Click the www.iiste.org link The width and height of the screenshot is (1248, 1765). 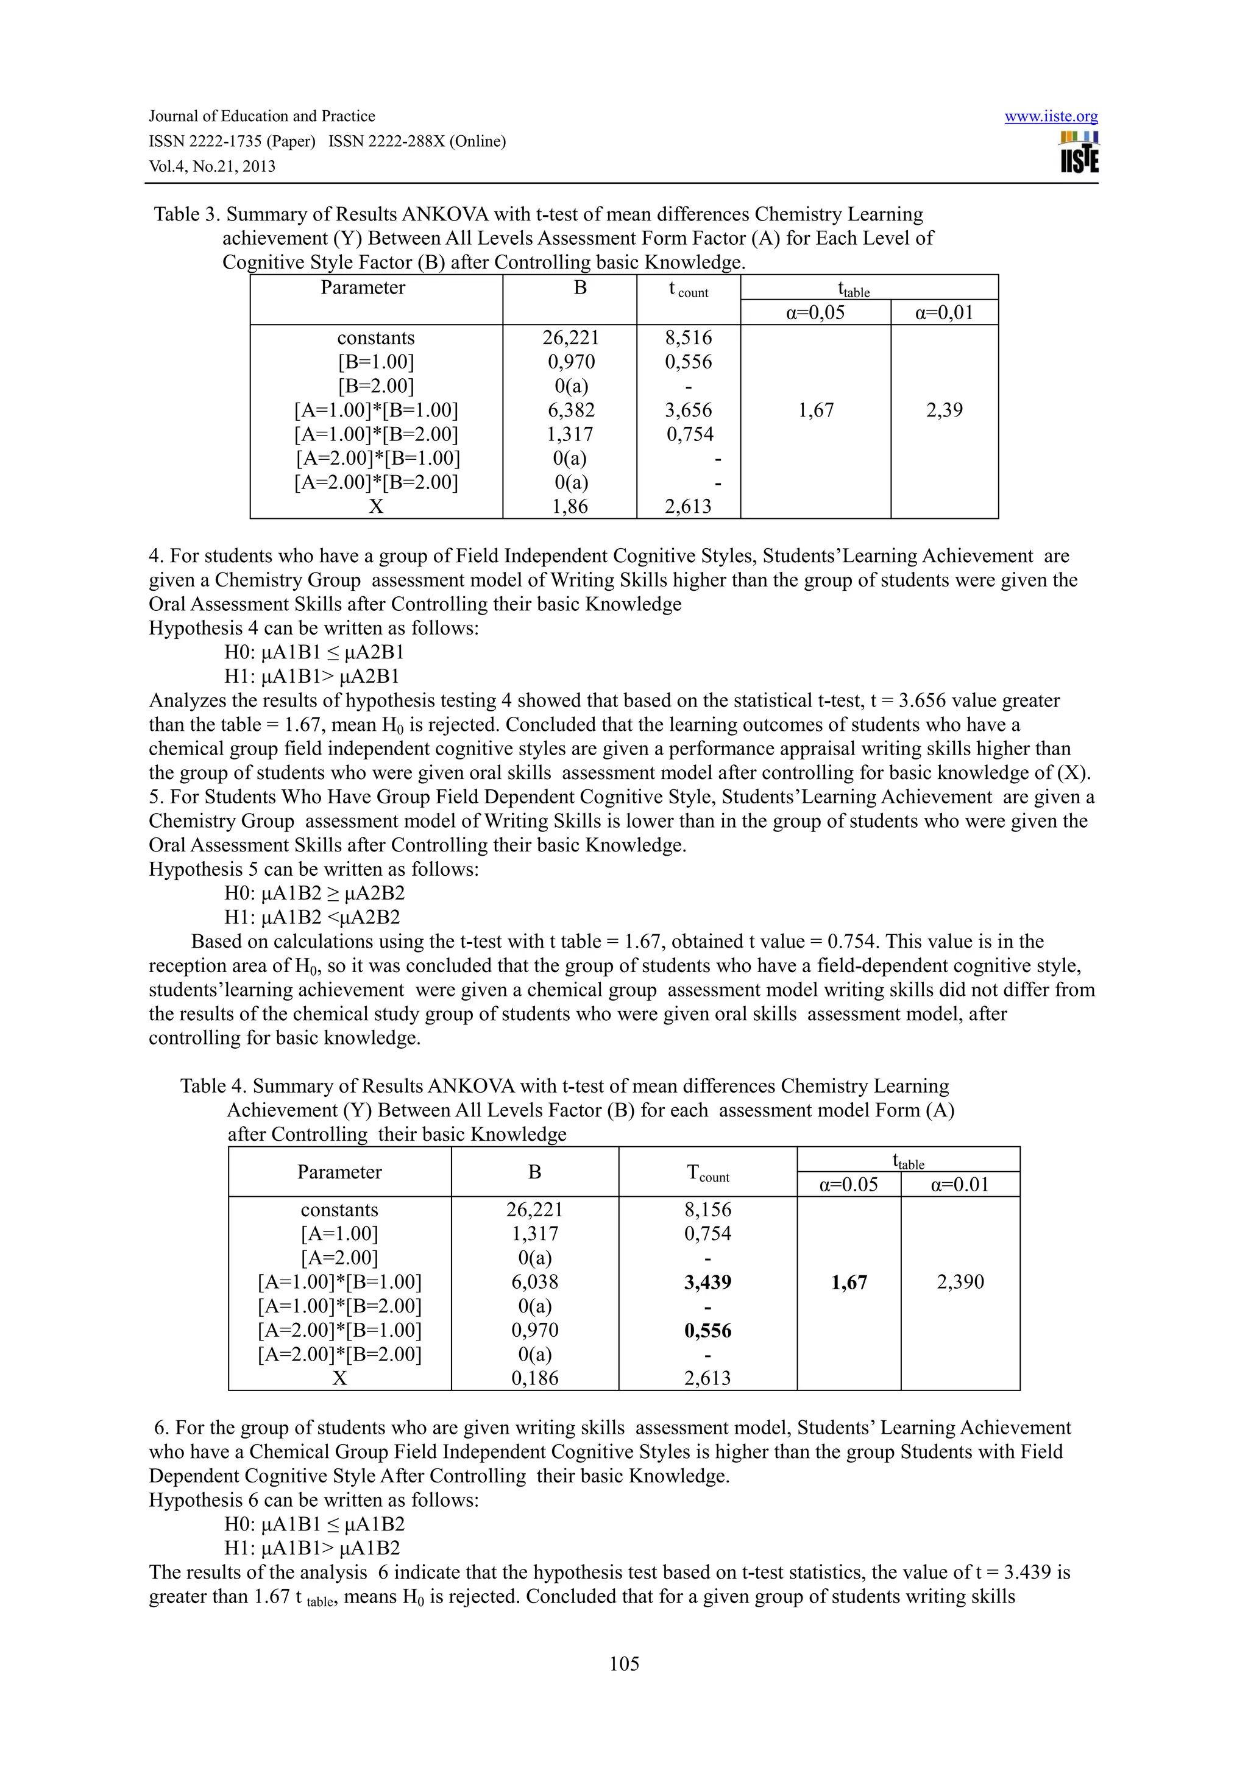[x=1051, y=117]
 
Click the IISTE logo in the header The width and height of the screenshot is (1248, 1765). [x=1079, y=152]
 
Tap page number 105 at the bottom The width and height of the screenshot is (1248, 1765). [x=623, y=1663]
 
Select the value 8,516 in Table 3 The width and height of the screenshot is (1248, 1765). [x=688, y=337]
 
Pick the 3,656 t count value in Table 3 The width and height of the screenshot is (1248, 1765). [x=688, y=410]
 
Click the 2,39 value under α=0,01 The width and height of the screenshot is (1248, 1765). [x=945, y=410]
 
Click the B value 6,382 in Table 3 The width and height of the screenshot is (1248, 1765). [x=570, y=410]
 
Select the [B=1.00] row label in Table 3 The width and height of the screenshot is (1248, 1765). [x=376, y=361]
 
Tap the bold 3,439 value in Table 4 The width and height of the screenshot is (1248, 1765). [x=707, y=1282]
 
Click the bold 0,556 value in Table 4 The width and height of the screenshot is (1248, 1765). [x=707, y=1331]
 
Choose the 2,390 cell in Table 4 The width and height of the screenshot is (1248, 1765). [x=960, y=1281]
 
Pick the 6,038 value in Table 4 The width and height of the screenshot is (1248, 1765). [x=534, y=1281]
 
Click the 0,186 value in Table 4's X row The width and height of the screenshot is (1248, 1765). [x=534, y=1378]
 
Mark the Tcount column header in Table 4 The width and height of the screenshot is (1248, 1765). [x=707, y=1173]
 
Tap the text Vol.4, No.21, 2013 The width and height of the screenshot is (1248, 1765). [x=211, y=167]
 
